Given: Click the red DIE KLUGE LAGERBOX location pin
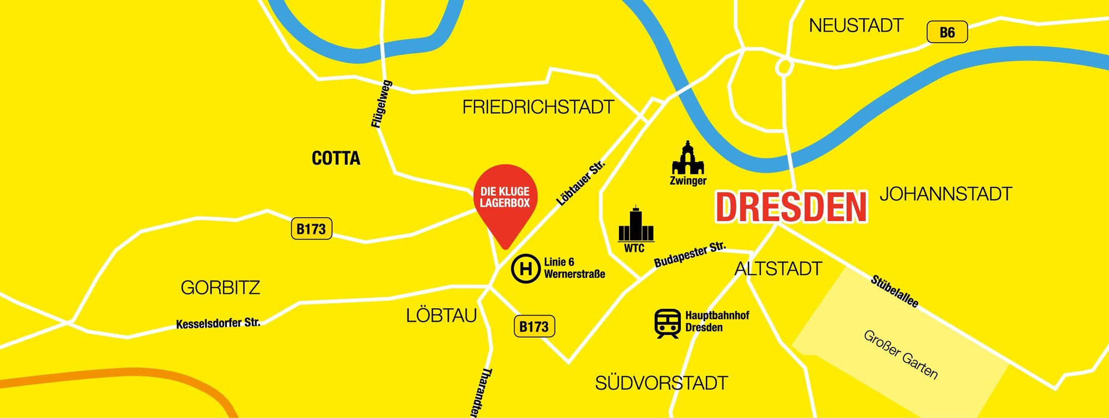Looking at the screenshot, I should (x=505, y=200).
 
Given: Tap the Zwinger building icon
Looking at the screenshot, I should (x=688, y=158).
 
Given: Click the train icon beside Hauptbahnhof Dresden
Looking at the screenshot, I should (x=668, y=323).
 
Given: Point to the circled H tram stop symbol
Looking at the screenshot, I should (x=525, y=269).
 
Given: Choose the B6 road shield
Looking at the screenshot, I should (x=947, y=32).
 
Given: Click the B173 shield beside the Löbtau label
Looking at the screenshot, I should (x=534, y=327).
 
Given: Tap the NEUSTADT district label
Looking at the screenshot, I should (x=856, y=26).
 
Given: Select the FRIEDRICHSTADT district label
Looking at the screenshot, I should (x=538, y=107).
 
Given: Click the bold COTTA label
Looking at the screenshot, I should (x=336, y=159).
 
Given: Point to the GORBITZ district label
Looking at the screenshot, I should (x=220, y=288).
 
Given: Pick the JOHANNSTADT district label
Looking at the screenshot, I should (x=946, y=194).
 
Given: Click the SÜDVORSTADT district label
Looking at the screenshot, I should (x=661, y=383).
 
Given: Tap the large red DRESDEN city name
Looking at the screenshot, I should (x=791, y=207).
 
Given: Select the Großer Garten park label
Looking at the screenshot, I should (x=901, y=355).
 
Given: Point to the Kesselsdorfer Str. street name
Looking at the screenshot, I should (x=218, y=323).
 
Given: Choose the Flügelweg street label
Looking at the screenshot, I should (x=381, y=104).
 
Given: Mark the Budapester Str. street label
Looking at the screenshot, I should (x=690, y=254).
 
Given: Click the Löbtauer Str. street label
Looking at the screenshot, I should (x=581, y=183).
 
